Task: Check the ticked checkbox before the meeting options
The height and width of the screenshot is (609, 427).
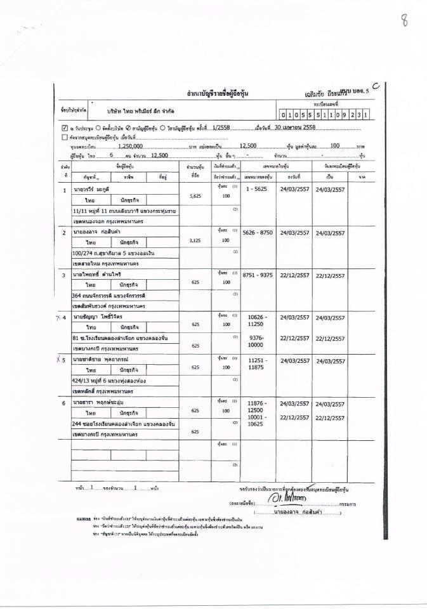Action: pyautogui.click(x=65, y=127)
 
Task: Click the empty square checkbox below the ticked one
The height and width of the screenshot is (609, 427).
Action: pyautogui.click(x=65, y=136)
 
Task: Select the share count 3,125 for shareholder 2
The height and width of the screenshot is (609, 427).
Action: pyautogui.click(x=195, y=241)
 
